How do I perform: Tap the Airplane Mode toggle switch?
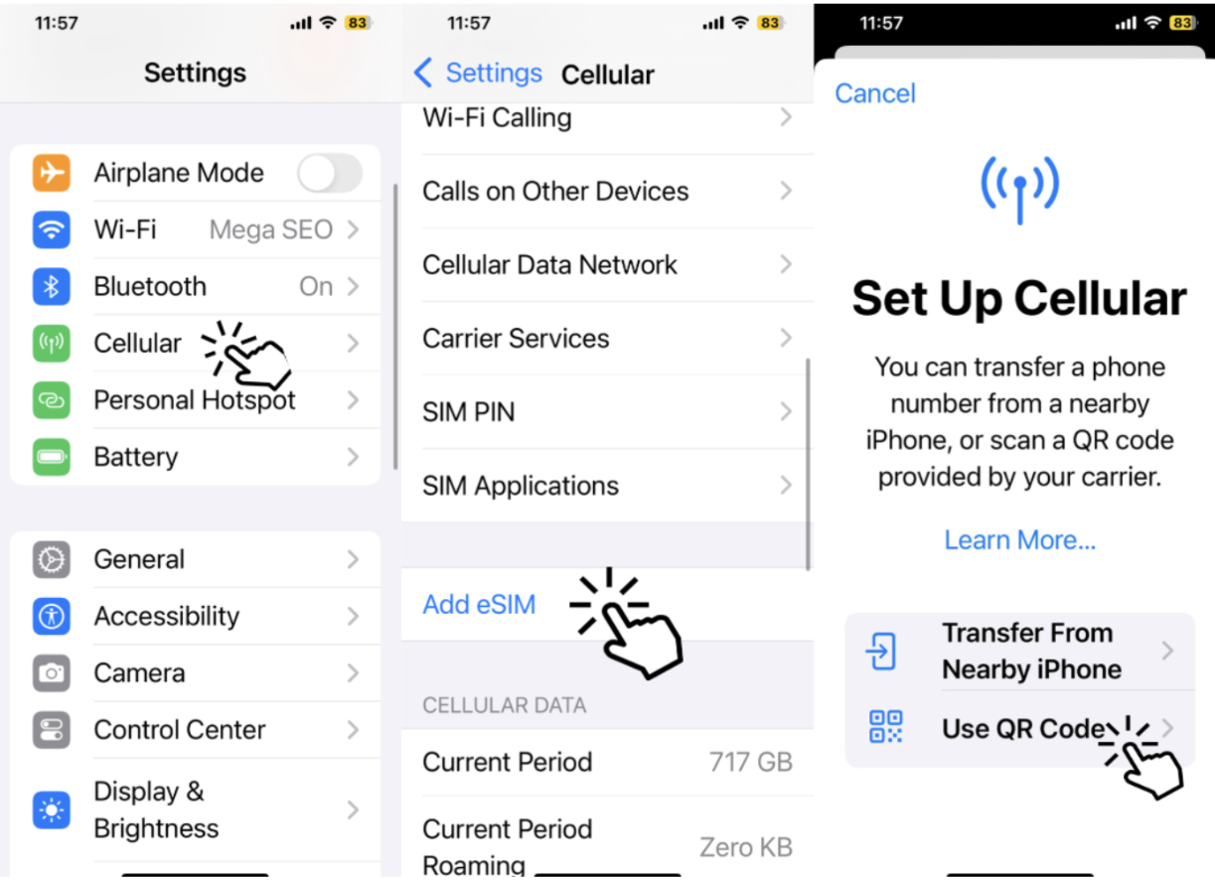[x=329, y=173]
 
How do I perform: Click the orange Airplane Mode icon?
[x=51, y=173]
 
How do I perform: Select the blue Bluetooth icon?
[x=51, y=286]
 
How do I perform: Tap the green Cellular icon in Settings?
[x=51, y=344]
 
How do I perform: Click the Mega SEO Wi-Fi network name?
[x=270, y=229]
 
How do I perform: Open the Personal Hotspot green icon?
[x=51, y=400]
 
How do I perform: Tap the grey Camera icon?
[x=51, y=672]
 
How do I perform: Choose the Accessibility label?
[x=167, y=617]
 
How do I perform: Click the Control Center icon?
[x=51, y=730]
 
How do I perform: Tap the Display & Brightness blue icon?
[x=51, y=810]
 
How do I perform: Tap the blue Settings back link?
[x=478, y=73]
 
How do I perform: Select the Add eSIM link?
[x=479, y=605]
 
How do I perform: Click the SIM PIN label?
[x=469, y=411]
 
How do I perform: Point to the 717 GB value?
[x=751, y=762]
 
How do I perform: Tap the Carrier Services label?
[x=516, y=339]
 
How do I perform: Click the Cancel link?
[x=875, y=93]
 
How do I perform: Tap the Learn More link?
[x=1019, y=540]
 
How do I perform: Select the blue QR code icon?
[x=885, y=727]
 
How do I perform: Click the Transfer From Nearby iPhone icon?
[x=881, y=651]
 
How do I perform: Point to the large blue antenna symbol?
[x=1019, y=190]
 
